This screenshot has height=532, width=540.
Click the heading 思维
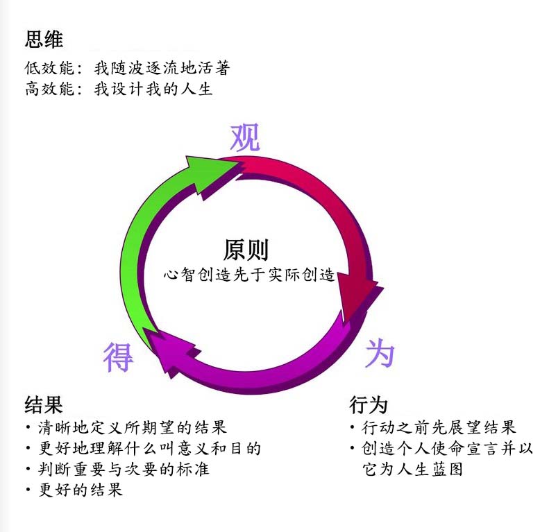coord(44,39)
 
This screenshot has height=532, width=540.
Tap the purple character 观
coord(245,139)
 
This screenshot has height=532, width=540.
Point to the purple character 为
coord(380,354)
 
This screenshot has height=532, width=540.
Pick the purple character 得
coord(118,357)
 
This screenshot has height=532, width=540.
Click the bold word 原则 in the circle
coord(246,250)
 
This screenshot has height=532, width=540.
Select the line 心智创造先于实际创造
coord(249,275)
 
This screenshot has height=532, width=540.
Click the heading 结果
coord(44,405)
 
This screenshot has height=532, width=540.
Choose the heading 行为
coord(369,405)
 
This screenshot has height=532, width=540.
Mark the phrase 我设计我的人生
coord(153,89)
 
